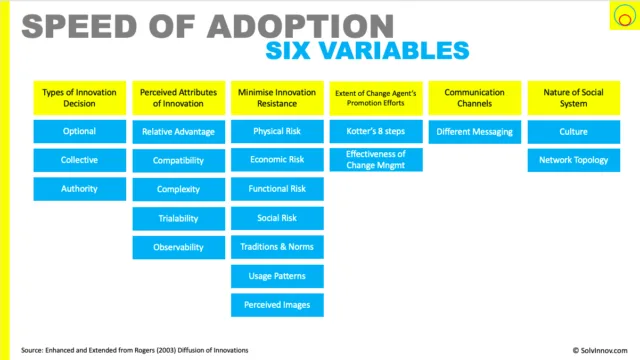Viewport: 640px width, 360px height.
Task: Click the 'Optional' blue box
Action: coord(80,131)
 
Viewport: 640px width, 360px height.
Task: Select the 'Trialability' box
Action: coord(178,219)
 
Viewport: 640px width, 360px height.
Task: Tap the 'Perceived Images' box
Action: coord(277,305)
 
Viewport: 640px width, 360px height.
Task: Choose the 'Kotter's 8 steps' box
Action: coord(376,131)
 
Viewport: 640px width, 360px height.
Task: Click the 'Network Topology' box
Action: coord(573,160)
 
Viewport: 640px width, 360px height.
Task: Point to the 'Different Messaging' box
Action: coord(475,132)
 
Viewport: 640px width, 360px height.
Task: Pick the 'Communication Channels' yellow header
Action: coord(475,98)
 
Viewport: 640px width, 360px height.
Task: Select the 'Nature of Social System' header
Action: coord(573,98)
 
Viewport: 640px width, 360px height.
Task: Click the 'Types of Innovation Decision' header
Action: coord(80,98)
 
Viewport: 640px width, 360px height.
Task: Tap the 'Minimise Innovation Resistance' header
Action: coord(277,98)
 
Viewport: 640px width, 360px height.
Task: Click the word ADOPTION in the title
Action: coord(300,27)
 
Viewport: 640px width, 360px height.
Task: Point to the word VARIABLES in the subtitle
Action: coord(394,51)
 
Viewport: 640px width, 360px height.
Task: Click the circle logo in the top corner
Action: coord(624,16)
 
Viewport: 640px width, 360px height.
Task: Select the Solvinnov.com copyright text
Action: coord(600,351)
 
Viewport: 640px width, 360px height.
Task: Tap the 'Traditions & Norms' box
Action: coord(277,247)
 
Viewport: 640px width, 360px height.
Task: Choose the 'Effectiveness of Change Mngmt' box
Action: coord(376,160)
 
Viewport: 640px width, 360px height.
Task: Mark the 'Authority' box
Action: coord(80,189)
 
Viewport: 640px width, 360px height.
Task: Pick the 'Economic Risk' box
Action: coord(277,160)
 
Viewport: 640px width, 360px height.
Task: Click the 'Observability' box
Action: coord(178,247)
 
